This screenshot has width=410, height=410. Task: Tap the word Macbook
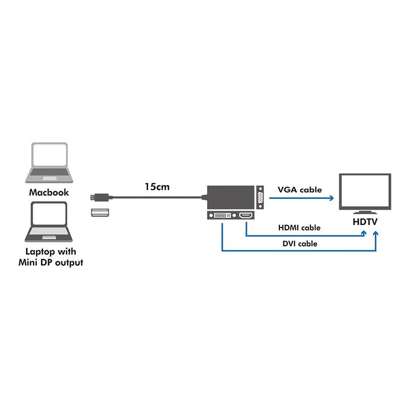[x=49, y=193]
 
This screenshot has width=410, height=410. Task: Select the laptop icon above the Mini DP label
[x=49, y=222]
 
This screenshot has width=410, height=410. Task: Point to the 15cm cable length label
[x=157, y=187]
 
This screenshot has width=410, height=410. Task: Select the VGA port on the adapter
[x=260, y=197]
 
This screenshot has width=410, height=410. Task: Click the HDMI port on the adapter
[x=247, y=216]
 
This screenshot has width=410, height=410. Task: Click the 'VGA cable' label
[x=300, y=190]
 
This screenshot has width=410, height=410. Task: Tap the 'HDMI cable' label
[x=299, y=228]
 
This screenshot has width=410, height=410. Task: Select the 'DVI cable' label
[x=300, y=244]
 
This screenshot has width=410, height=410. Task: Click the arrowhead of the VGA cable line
[x=332, y=197]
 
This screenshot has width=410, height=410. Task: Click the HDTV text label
[x=365, y=222]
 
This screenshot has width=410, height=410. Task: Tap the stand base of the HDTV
[x=365, y=212]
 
